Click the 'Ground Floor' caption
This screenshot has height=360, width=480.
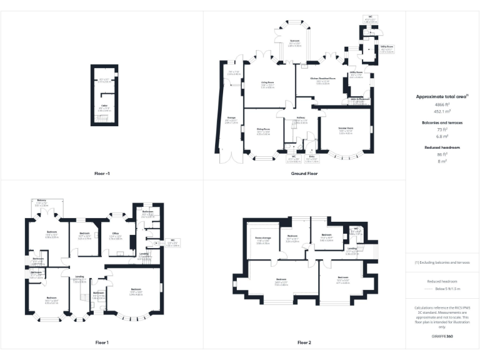tap(304, 173)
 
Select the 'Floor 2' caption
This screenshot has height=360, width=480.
tap(304, 342)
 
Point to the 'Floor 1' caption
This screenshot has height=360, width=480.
tap(102, 342)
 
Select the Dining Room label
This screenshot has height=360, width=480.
tap(262, 130)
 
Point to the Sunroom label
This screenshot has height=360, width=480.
tap(294, 42)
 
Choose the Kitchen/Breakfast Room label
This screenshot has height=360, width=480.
tap(323, 79)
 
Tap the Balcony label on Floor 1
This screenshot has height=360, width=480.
tap(41, 200)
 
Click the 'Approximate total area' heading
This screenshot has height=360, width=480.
tap(441, 97)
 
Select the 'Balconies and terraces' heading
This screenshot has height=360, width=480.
tap(442, 122)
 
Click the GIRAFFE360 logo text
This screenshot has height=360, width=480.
tap(442, 337)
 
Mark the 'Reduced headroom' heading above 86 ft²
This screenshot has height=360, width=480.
tap(442, 147)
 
